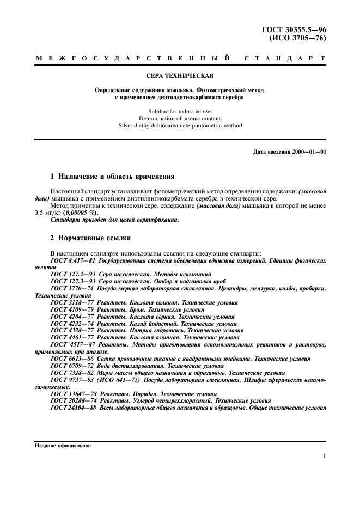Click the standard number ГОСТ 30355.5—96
click(x=299, y=29)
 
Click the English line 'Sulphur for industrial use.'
click(x=180, y=111)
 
